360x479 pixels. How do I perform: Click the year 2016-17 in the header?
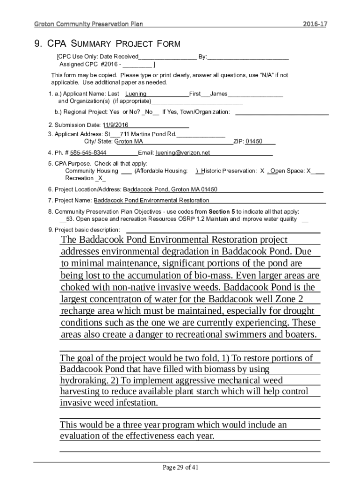tap(315, 24)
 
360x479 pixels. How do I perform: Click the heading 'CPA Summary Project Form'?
tap(107, 44)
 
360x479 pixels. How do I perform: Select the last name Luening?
tap(136, 94)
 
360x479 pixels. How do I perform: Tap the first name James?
tap(219, 94)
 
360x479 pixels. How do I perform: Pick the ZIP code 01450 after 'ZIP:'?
tap(254, 142)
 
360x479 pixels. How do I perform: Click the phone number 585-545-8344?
tap(88, 153)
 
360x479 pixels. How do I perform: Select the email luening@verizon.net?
tap(183, 153)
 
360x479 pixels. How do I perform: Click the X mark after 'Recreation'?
tap(101, 179)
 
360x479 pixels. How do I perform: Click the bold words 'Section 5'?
tap(222, 211)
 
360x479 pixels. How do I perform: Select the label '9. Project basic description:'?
tap(84, 230)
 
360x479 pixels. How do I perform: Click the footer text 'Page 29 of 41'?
tap(180, 467)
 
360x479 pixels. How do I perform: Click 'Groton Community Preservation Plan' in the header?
tap(89, 24)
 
